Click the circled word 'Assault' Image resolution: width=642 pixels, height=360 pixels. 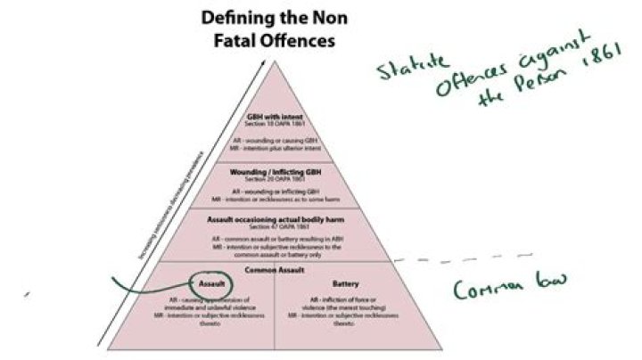(x=212, y=283)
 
